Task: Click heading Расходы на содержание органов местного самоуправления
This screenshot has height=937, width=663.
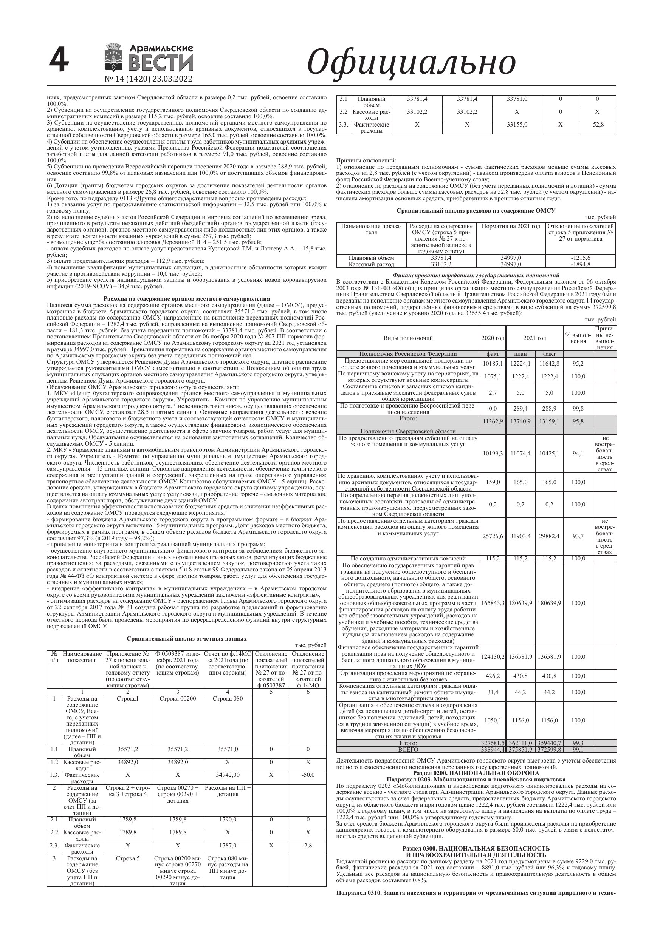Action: tap(187, 299)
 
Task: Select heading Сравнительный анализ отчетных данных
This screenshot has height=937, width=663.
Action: tap(187, 639)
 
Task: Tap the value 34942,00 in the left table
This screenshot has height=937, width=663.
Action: tap(228, 775)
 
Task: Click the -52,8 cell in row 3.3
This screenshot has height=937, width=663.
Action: tap(597, 125)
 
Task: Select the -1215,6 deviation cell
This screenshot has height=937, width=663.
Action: tap(581, 258)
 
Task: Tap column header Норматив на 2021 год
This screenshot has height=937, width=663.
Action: tap(511, 227)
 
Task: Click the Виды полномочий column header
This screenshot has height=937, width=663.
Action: tap(408, 338)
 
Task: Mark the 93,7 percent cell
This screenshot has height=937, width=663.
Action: tap(578, 536)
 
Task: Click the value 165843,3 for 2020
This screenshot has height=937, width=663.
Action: tap(493, 603)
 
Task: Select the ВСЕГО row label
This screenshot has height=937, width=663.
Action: tap(408, 750)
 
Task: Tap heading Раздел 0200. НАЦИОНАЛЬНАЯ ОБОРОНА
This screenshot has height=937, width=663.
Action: tap(476, 773)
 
